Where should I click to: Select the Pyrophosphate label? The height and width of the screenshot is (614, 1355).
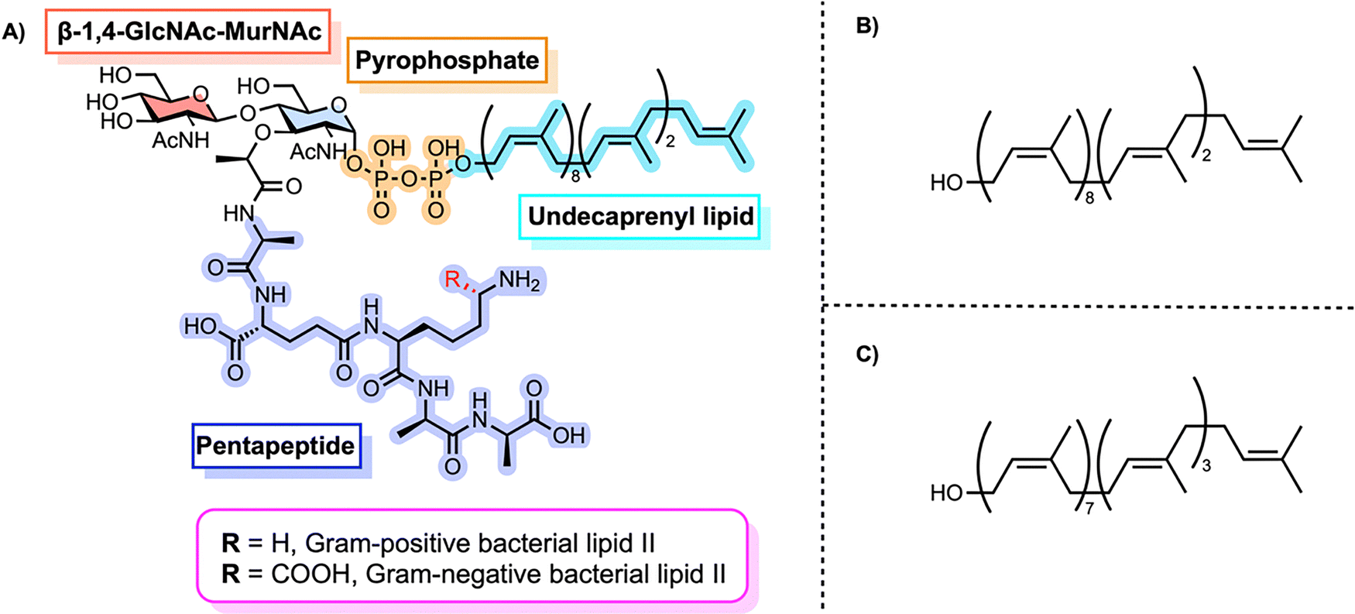447,60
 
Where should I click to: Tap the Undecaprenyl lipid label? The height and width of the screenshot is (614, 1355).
640,216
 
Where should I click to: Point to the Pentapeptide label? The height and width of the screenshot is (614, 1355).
276,446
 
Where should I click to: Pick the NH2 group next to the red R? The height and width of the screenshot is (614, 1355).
520,281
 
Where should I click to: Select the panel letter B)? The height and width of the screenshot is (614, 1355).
866,25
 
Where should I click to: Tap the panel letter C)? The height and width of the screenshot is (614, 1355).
866,354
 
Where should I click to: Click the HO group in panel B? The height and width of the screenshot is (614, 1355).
946,184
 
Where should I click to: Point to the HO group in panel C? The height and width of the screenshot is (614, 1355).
946,493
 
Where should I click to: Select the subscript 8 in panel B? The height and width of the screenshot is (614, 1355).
1089,198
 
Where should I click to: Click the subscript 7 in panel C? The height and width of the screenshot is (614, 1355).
1089,509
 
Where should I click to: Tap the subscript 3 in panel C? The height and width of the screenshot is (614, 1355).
1206,467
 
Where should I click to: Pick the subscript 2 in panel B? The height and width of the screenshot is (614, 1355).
1206,156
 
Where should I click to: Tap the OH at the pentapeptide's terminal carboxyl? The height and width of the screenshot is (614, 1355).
568,434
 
